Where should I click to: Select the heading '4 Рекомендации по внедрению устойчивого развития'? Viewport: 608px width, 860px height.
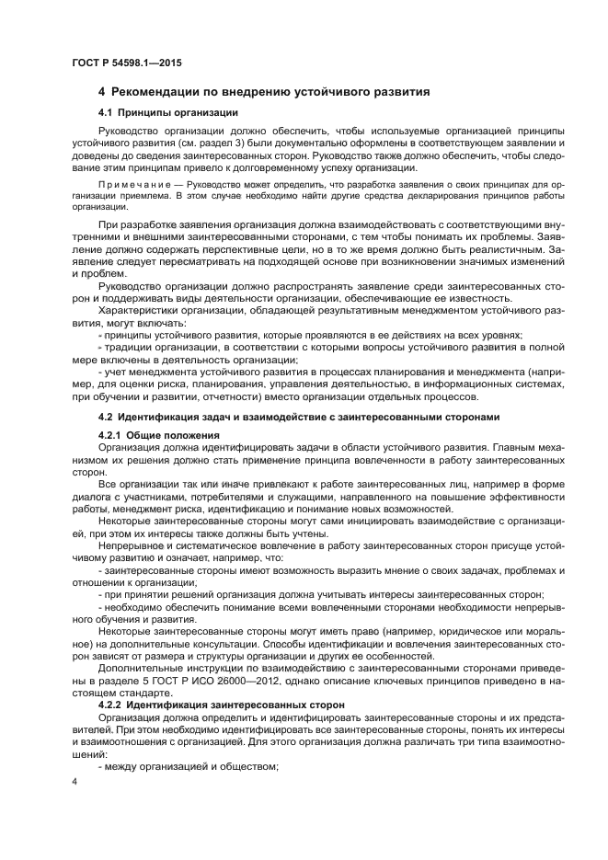(x=264, y=93)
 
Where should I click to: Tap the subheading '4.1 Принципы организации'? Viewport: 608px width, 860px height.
(x=167, y=113)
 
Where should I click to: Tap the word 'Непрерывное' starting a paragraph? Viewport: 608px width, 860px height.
(x=131, y=545)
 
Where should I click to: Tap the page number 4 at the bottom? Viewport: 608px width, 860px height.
(x=75, y=782)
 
